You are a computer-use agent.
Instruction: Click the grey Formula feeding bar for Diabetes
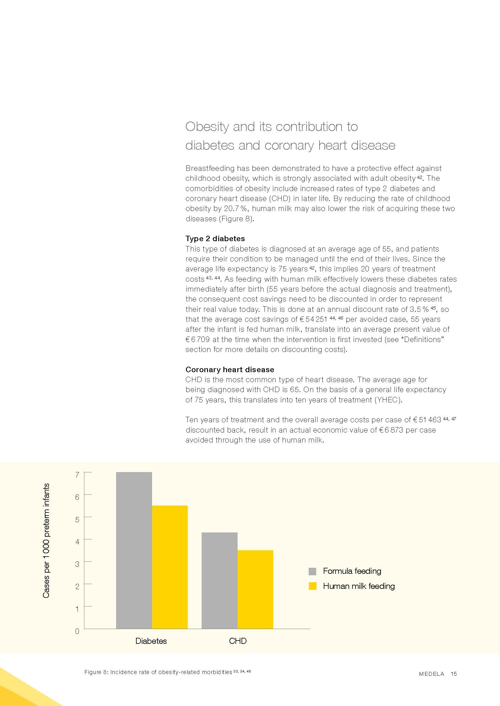click(134, 551)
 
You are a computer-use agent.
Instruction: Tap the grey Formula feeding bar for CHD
click(219, 581)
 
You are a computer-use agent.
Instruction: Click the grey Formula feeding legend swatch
click(312, 571)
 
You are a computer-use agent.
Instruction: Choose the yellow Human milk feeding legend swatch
click(312, 586)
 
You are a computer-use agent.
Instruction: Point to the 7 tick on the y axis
click(77, 475)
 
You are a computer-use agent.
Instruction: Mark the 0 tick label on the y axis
click(77, 631)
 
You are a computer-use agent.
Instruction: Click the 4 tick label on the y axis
click(77, 542)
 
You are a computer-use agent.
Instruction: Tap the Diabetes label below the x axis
click(151, 641)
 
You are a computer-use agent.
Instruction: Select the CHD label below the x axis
click(238, 641)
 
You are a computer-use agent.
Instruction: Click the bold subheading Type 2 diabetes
click(215, 239)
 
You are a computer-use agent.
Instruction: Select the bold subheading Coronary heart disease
click(230, 370)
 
